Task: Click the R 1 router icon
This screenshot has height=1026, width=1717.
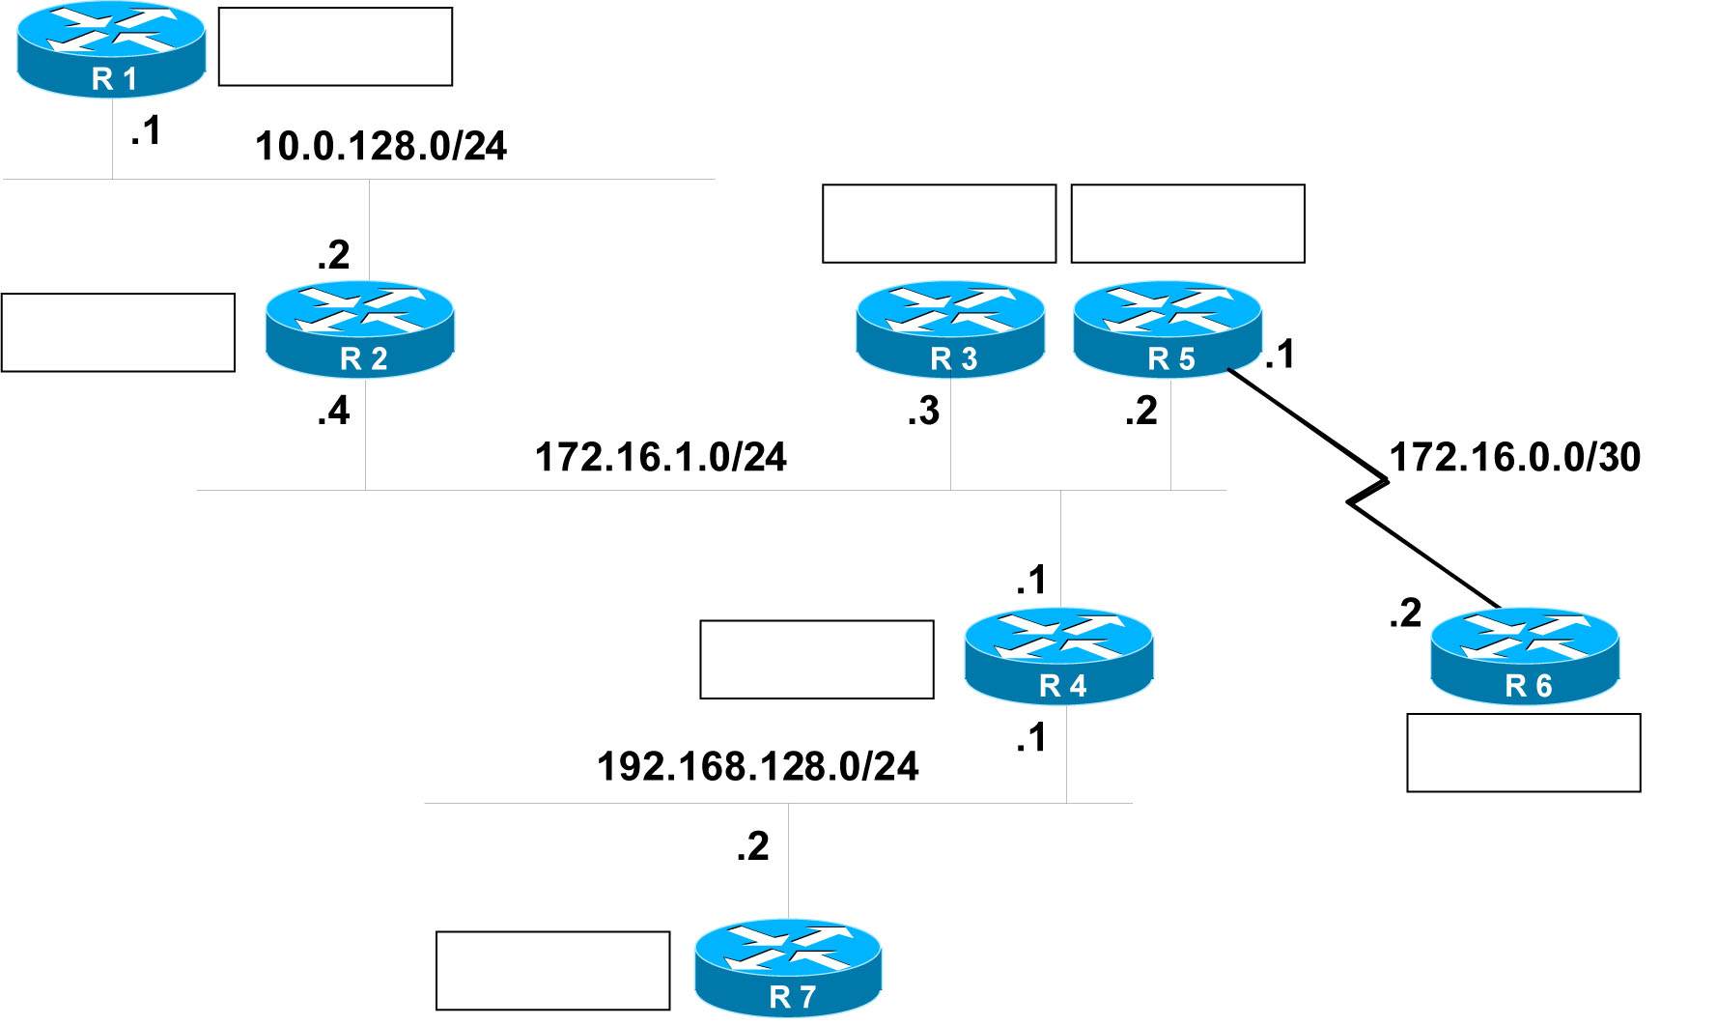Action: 111,48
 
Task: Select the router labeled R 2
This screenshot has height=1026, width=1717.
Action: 359,328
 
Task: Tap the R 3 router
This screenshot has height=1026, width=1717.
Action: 950,328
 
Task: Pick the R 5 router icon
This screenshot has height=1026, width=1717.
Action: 1168,328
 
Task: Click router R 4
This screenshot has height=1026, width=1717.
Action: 1058,655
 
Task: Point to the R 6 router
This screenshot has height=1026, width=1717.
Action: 1525,655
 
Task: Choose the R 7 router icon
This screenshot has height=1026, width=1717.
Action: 788,967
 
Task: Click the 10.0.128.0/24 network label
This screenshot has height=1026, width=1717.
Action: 380,147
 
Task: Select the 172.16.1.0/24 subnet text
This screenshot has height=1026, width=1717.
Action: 661,458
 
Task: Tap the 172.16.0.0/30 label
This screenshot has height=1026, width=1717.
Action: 1514,458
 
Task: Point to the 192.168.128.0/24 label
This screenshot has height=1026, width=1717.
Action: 758,767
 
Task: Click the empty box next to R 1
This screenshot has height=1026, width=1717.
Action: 335,46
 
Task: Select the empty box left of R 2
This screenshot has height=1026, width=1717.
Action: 118,332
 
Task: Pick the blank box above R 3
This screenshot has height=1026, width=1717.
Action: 939,223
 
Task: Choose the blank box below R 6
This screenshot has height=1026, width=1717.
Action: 1524,753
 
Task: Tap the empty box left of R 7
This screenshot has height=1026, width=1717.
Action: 552,970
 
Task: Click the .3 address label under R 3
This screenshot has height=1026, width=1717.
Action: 924,412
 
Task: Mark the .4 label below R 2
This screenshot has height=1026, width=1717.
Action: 334,412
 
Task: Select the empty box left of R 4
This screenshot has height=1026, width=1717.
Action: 816,659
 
